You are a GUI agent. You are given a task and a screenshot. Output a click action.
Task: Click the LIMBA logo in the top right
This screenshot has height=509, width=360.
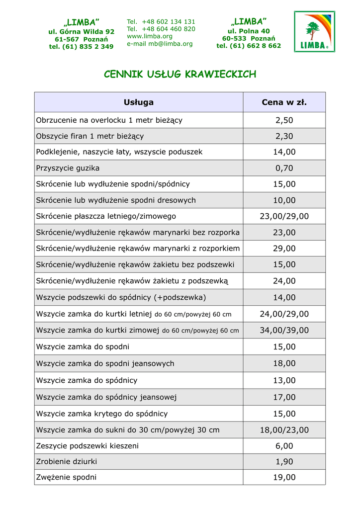pyautogui.click(x=314, y=31)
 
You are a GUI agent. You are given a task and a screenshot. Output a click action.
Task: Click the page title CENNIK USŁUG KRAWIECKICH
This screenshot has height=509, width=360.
pyautogui.click(x=180, y=75)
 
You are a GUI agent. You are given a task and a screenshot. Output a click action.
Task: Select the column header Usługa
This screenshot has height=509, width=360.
pyautogui.click(x=138, y=102)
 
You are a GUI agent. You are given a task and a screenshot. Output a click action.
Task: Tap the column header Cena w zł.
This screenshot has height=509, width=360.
pyautogui.click(x=284, y=102)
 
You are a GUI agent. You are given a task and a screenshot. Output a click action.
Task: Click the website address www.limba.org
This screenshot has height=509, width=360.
pyautogui.click(x=150, y=36)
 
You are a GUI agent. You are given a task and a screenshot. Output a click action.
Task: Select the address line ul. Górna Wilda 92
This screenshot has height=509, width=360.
pyautogui.click(x=81, y=31)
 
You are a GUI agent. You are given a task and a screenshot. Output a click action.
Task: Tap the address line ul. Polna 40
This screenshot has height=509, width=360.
pyautogui.click(x=249, y=31)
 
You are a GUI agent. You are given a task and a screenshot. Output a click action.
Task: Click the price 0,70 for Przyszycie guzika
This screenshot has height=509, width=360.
pyautogui.click(x=284, y=168)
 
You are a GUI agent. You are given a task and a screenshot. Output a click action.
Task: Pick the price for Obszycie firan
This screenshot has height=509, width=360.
pyautogui.click(x=284, y=136)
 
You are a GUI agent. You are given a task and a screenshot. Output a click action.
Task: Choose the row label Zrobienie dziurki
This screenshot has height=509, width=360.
pyautogui.click(x=67, y=461)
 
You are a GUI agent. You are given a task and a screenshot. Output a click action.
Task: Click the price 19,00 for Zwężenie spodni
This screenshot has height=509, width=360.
pyautogui.click(x=284, y=477)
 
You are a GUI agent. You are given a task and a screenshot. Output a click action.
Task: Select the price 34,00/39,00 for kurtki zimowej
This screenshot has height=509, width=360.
pyautogui.click(x=284, y=330)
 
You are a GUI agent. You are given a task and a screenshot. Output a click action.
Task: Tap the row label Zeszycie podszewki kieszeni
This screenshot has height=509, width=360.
pyautogui.click(x=88, y=446)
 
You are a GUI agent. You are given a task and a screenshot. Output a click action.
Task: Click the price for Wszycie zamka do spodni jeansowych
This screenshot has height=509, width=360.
pyautogui.click(x=284, y=363)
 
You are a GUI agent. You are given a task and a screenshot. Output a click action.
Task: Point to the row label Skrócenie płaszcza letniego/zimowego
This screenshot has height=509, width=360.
pyautogui.click(x=106, y=216)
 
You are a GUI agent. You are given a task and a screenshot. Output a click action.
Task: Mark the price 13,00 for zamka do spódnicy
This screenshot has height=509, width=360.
pyautogui.click(x=284, y=380)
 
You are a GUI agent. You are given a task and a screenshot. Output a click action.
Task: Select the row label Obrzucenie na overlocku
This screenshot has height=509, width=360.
pyautogui.click(x=109, y=120)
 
